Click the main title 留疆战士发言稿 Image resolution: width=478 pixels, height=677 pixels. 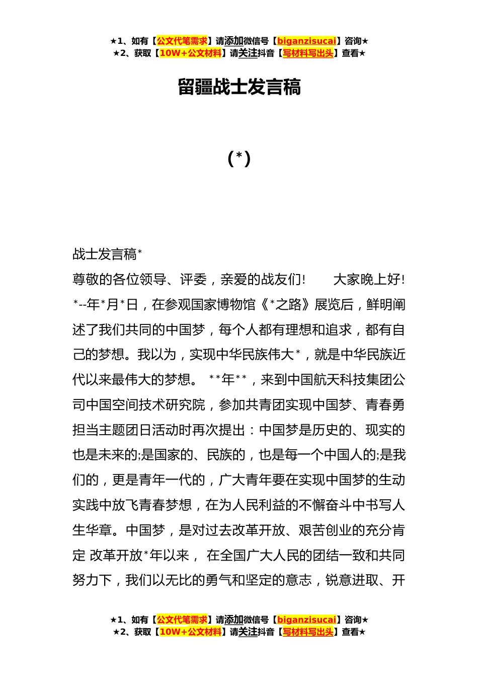tap(239, 87)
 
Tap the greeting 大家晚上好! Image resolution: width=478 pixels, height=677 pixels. tap(369, 280)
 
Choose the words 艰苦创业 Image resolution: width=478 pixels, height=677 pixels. tap(326, 530)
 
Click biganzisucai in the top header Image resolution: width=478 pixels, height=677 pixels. tap(306, 41)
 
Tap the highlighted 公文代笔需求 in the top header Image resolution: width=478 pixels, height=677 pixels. tap(182, 41)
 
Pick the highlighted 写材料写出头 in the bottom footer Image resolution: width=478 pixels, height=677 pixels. tap(308, 632)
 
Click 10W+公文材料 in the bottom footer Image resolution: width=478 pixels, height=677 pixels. tap(190, 632)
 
